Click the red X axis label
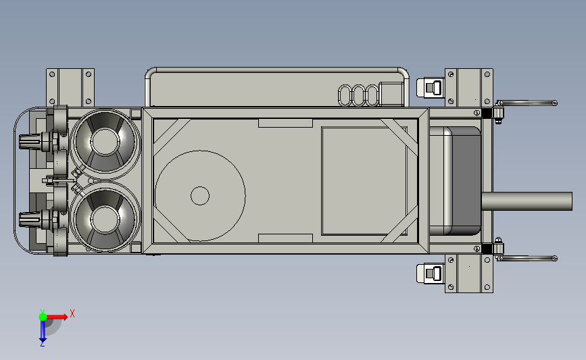72,313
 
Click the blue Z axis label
42,344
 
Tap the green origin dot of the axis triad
43,317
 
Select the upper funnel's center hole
105,141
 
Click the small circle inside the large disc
200,196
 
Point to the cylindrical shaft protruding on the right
527,201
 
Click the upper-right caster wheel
431,88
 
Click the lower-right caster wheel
431,274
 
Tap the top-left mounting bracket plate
70,87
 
